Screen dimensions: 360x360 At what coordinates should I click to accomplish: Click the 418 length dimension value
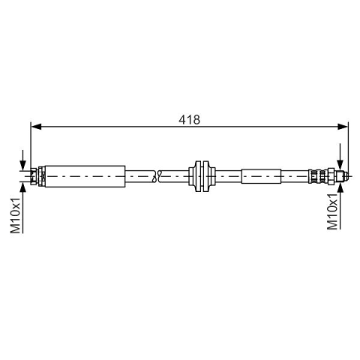189,120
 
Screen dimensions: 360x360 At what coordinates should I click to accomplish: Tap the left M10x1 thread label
15,215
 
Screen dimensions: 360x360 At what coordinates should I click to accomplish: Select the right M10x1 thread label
332,211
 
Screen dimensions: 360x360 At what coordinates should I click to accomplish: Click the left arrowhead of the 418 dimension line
36,127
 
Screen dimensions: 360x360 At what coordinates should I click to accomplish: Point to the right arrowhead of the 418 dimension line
343,127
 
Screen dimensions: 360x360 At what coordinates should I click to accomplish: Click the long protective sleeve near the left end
85,176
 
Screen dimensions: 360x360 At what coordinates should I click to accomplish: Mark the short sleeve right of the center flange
261,176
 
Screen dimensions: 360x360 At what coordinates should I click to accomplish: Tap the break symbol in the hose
157,176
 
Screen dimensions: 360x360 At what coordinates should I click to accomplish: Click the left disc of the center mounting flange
198,176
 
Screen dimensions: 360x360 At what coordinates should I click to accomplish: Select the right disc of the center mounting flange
205,176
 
